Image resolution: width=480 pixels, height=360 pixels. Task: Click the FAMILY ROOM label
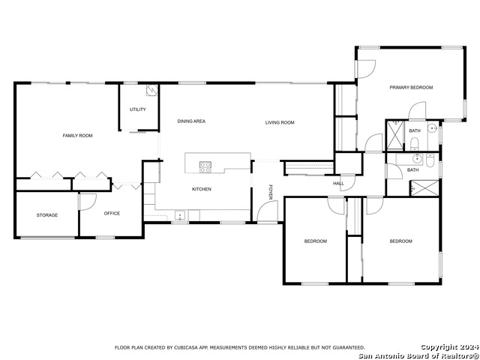77,136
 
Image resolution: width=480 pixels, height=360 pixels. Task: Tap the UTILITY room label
137,109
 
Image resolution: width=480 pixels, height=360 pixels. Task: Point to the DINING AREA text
191,121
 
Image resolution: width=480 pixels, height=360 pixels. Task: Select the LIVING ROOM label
280,122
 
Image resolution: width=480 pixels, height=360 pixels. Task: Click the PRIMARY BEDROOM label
411,88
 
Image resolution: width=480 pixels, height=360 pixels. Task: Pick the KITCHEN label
202,189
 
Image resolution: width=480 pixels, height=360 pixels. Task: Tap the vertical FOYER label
271,192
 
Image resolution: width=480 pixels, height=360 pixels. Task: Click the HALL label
338,183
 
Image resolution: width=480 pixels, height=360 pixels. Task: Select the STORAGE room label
47,215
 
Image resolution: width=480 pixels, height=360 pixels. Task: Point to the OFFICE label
112,213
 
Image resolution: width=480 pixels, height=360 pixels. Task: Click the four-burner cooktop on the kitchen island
205,167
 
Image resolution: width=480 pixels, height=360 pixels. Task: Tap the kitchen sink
180,215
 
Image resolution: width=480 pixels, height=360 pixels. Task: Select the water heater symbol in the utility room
152,90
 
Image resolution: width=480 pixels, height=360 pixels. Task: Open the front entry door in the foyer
267,211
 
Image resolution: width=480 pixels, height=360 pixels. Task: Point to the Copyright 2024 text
449,347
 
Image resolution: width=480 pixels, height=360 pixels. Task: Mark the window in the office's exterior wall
105,237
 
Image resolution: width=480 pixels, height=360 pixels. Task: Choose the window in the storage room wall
48,238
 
